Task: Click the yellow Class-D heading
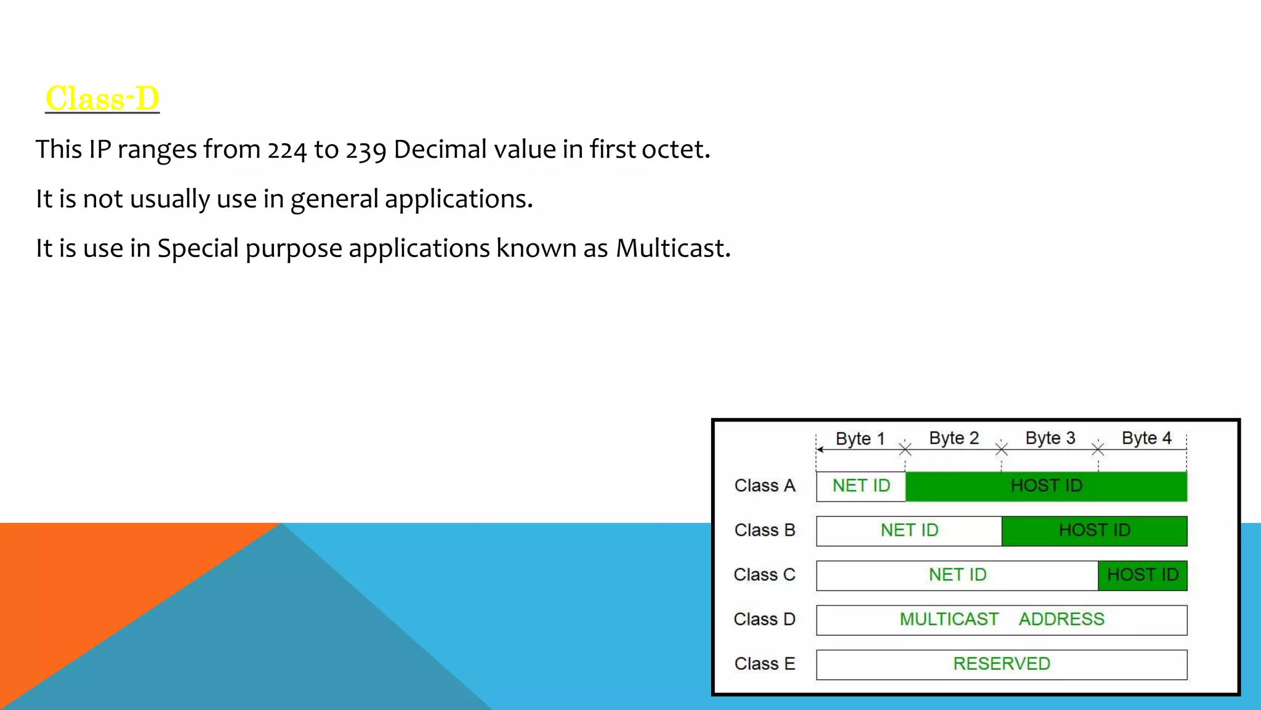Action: click(102, 99)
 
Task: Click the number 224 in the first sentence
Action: click(286, 150)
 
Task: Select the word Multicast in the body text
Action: click(672, 248)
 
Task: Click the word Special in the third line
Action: click(198, 249)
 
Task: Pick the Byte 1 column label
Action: click(860, 439)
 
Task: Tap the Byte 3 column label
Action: click(1050, 438)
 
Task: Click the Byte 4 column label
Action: click(1146, 438)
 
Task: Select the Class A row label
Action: click(765, 486)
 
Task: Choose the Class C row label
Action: click(764, 574)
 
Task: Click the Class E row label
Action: click(765, 664)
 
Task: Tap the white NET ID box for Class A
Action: click(861, 486)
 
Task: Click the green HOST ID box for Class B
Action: click(1094, 530)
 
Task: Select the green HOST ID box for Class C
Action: click(1142, 575)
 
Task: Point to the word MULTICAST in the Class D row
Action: click(949, 619)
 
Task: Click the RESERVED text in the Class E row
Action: click(1001, 664)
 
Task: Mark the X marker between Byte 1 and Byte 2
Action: click(905, 449)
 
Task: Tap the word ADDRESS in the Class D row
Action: click(1062, 619)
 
